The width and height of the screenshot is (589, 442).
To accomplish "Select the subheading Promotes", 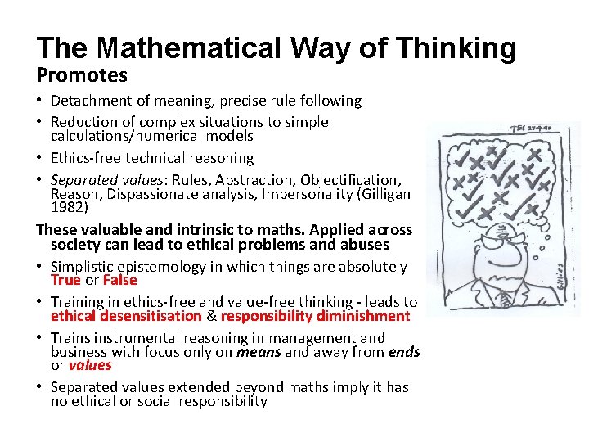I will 82,75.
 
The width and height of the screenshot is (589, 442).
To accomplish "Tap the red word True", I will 65,280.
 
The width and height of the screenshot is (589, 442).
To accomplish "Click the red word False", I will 119,280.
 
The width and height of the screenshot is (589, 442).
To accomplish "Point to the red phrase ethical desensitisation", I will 126,316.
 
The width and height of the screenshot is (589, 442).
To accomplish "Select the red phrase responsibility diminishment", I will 315,316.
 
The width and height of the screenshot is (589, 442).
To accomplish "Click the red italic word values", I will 89,365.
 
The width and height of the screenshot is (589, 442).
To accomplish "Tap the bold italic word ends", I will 404,352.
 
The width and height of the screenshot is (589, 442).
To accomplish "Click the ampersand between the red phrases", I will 210,316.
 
